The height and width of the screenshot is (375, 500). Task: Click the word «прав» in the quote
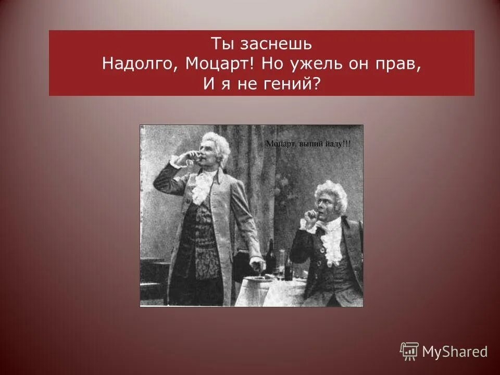399,63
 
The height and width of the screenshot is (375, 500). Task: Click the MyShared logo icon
409,352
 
